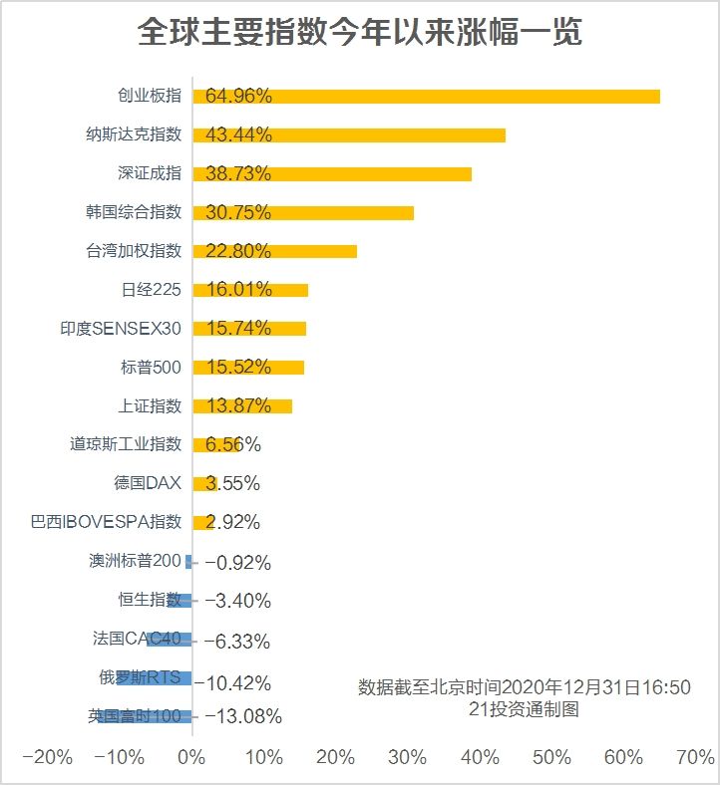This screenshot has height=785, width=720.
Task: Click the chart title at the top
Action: coord(359,33)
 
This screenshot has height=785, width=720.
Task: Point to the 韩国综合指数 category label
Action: coord(134,212)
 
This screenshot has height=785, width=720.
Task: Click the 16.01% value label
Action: coord(238,290)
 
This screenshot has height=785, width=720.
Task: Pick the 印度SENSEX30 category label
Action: coord(121,329)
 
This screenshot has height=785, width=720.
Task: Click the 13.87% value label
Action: coord(238,406)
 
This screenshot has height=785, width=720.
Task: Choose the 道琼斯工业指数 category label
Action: coord(127,444)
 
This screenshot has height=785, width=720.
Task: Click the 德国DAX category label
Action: coord(148,483)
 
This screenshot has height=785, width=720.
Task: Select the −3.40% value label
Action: coord(237,601)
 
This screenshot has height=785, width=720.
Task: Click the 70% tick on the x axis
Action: coord(696,757)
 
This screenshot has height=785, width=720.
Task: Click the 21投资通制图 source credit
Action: coord(524,710)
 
